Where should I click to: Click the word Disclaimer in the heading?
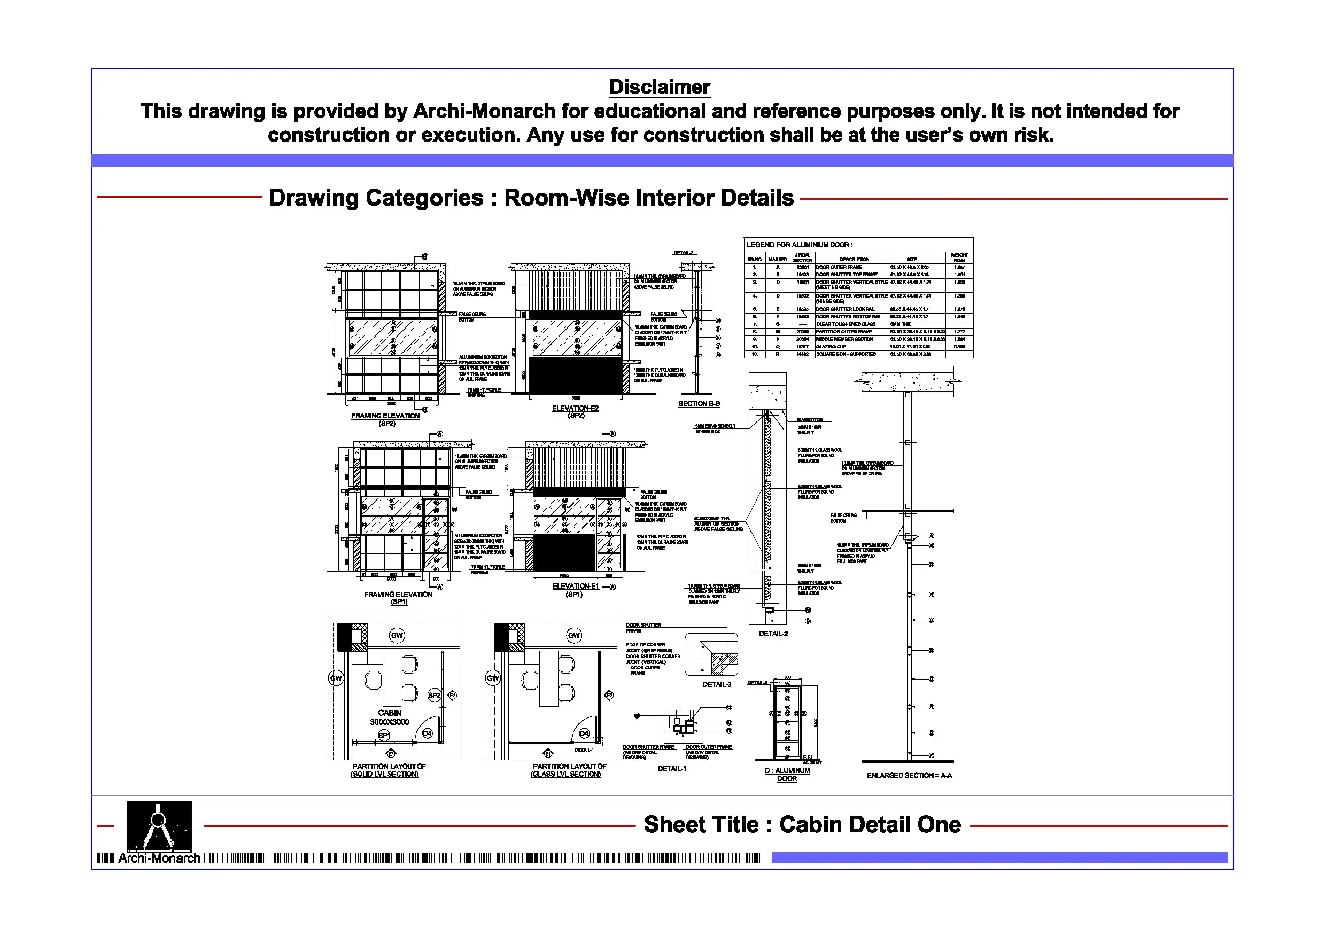(659, 87)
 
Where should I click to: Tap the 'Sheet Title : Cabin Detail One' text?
(802, 824)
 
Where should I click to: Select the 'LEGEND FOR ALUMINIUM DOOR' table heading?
(798, 245)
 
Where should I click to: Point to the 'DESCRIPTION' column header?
(854, 260)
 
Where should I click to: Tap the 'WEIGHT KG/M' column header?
(959, 257)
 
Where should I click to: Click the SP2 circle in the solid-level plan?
(435, 695)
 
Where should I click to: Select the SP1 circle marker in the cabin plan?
(384, 735)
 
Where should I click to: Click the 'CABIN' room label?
(389, 713)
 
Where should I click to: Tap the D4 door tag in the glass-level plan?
(584, 733)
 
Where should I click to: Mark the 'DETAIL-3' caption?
(717, 685)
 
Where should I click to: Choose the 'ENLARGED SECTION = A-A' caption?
(909, 775)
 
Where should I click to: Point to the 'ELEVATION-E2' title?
(575, 408)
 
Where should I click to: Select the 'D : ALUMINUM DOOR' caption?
(787, 774)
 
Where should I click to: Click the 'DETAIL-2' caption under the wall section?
(773, 634)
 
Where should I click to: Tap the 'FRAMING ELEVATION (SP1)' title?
(398, 598)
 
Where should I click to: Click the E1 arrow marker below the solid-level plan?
(391, 754)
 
